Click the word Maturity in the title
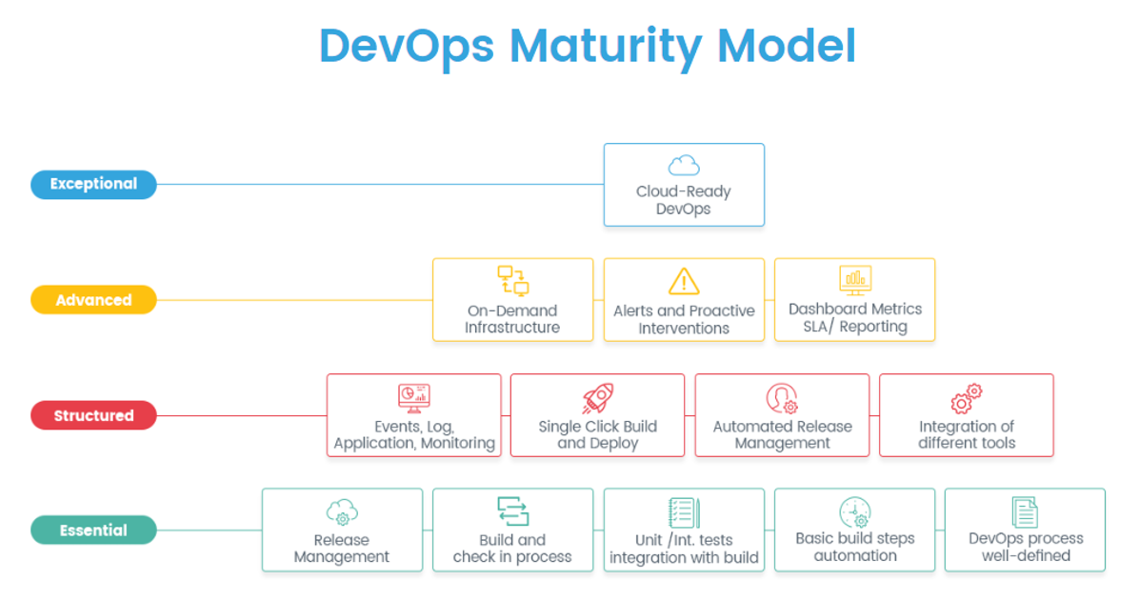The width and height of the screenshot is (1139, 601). [x=606, y=48]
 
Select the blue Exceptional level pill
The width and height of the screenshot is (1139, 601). [x=93, y=184]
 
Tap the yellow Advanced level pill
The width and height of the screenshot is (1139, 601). [x=93, y=299]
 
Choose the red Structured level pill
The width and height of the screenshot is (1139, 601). [x=93, y=415]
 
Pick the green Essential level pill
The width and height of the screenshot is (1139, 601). [x=93, y=530]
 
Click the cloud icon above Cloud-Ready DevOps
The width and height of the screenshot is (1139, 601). [x=684, y=166]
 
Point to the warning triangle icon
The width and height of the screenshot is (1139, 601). [x=684, y=281]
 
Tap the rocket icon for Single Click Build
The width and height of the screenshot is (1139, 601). [x=598, y=398]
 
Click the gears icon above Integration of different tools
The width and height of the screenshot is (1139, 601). [x=966, y=399]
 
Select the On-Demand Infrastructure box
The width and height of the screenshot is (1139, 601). [x=513, y=299]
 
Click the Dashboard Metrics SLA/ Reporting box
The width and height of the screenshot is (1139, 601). [x=855, y=299]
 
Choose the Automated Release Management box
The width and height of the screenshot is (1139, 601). [x=782, y=415]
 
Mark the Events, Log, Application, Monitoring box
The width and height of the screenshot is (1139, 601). [x=414, y=415]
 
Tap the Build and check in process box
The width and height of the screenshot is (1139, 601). [x=513, y=530]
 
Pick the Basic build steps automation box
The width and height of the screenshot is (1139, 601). [x=855, y=530]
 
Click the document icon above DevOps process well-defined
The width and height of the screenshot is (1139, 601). [x=1025, y=512]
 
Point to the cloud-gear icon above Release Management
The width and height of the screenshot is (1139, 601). [x=342, y=512]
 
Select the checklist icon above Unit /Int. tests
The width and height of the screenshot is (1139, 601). [x=684, y=513]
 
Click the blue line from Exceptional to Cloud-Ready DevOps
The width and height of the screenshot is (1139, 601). [x=380, y=185]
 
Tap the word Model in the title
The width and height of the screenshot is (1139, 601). [x=787, y=47]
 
